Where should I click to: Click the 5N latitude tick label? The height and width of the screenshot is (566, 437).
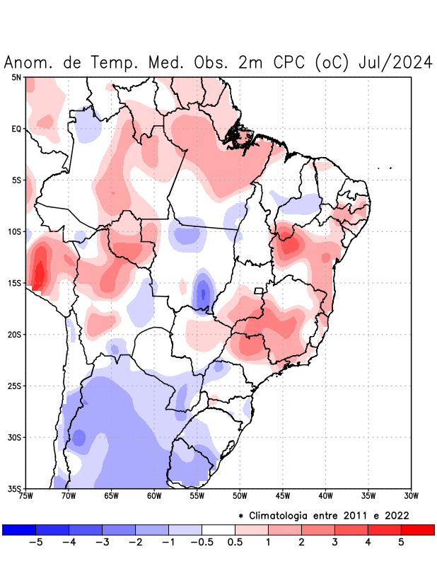(x=16, y=77)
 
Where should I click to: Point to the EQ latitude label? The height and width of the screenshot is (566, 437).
(x=16, y=129)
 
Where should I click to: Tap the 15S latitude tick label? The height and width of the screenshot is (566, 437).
(x=15, y=283)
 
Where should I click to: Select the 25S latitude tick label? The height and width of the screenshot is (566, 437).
(x=15, y=386)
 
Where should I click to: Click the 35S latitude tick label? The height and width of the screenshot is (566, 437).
(x=15, y=488)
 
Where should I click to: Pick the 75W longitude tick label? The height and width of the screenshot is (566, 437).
(x=25, y=496)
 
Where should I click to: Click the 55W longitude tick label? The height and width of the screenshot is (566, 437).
(x=197, y=496)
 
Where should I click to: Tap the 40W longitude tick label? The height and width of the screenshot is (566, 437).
(x=326, y=496)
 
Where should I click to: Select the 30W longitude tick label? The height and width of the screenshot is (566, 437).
(x=412, y=496)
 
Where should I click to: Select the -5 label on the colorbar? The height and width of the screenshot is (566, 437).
(x=35, y=542)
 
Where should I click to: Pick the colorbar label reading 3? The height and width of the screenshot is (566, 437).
(x=334, y=542)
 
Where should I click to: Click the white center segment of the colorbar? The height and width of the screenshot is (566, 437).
(x=218, y=529)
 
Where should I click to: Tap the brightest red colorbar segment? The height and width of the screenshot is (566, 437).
(x=417, y=529)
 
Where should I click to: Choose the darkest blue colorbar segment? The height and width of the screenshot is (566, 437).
(x=19, y=529)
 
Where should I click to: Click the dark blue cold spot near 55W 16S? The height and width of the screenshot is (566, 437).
(x=203, y=291)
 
